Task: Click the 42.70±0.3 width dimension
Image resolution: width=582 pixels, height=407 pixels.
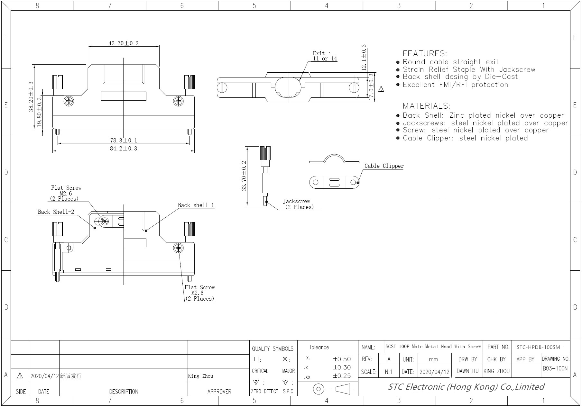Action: click(124, 43)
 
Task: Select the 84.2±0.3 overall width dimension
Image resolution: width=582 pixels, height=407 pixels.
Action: click(124, 149)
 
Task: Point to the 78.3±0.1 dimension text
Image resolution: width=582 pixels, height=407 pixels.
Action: click(124, 140)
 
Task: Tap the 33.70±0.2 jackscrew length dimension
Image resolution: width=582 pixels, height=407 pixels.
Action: click(244, 176)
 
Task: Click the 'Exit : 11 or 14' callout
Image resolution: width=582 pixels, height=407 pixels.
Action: click(325, 56)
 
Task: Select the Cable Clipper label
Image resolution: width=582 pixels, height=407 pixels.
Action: click(384, 166)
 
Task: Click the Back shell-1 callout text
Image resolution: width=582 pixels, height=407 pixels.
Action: click(196, 205)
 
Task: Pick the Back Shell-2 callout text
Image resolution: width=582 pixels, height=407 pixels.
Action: click(56, 212)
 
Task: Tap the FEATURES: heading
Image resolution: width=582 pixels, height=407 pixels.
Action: click(425, 53)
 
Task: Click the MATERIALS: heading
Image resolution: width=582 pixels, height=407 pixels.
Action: click(426, 106)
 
